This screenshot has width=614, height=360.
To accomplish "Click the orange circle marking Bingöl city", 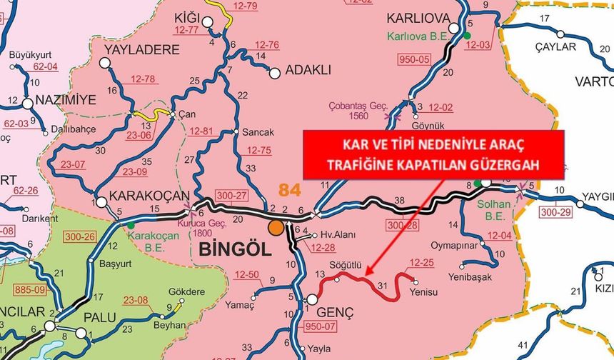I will tap(275, 229).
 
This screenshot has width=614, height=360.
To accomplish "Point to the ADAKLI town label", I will tap(308, 71).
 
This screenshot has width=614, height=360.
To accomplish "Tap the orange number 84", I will tap(291, 190).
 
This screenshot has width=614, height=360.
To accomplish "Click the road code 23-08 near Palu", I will tap(137, 301).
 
